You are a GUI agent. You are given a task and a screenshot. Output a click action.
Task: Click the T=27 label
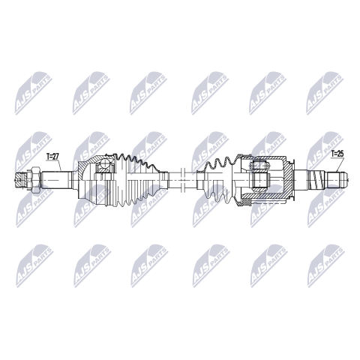click(x=52, y=157)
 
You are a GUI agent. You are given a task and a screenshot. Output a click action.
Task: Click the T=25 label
click(x=337, y=154)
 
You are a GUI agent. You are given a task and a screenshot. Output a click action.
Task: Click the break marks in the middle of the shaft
click(x=182, y=179)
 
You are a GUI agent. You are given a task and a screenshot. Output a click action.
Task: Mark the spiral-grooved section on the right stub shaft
click(x=317, y=180)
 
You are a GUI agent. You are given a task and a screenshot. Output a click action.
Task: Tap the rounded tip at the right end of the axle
click(x=346, y=180)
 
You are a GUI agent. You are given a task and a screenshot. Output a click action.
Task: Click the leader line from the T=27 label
click(x=59, y=165)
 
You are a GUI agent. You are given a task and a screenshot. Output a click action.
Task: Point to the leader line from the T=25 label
click(x=340, y=164)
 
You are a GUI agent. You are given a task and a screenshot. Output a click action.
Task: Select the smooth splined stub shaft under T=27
click(x=56, y=180)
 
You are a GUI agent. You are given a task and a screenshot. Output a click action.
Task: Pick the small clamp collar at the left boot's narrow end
click(x=163, y=180)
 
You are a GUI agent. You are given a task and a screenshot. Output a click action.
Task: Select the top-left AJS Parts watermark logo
click(x=33, y=93)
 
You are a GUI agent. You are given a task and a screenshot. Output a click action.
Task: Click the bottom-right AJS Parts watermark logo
click(x=325, y=265)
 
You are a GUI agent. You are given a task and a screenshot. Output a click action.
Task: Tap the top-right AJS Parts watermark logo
click(x=325, y=93)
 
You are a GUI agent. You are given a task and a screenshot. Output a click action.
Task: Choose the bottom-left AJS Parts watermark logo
click(x=34, y=265)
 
